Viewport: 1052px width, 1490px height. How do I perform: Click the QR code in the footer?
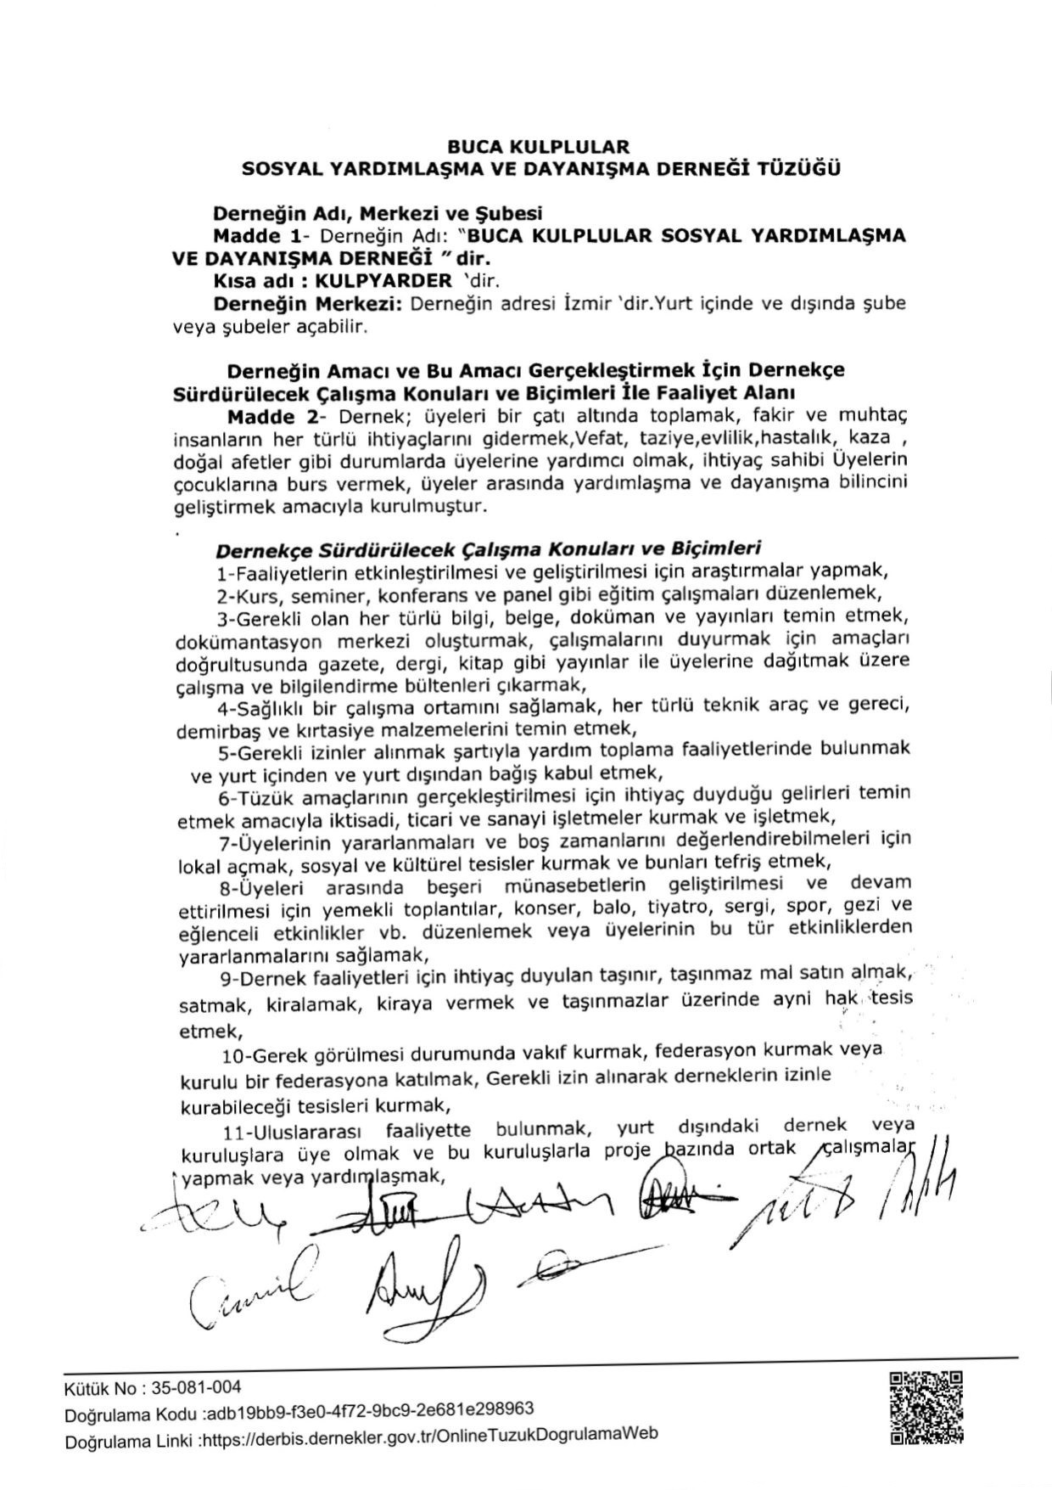[926, 1408]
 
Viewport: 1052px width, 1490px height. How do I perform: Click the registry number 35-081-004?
[195, 1388]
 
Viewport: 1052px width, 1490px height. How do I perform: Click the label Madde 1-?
[259, 235]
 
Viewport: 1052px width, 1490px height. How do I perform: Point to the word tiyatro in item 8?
[680, 908]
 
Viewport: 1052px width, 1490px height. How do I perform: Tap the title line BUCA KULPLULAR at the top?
[539, 148]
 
